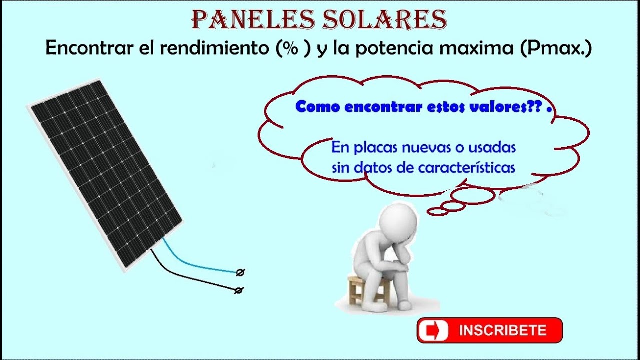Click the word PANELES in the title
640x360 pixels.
click(246, 20)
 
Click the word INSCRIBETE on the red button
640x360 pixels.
click(502, 330)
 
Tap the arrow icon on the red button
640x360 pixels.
click(433, 331)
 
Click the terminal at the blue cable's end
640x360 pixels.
click(240, 272)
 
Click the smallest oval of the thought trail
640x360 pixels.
click(437, 212)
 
